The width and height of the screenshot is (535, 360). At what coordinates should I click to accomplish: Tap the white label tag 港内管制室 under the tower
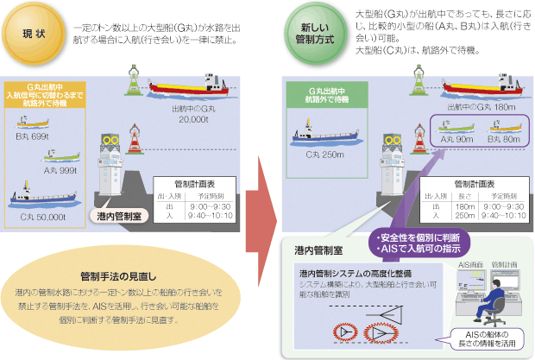(118, 215)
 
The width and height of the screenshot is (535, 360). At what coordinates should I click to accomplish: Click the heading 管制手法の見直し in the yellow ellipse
(116, 276)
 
